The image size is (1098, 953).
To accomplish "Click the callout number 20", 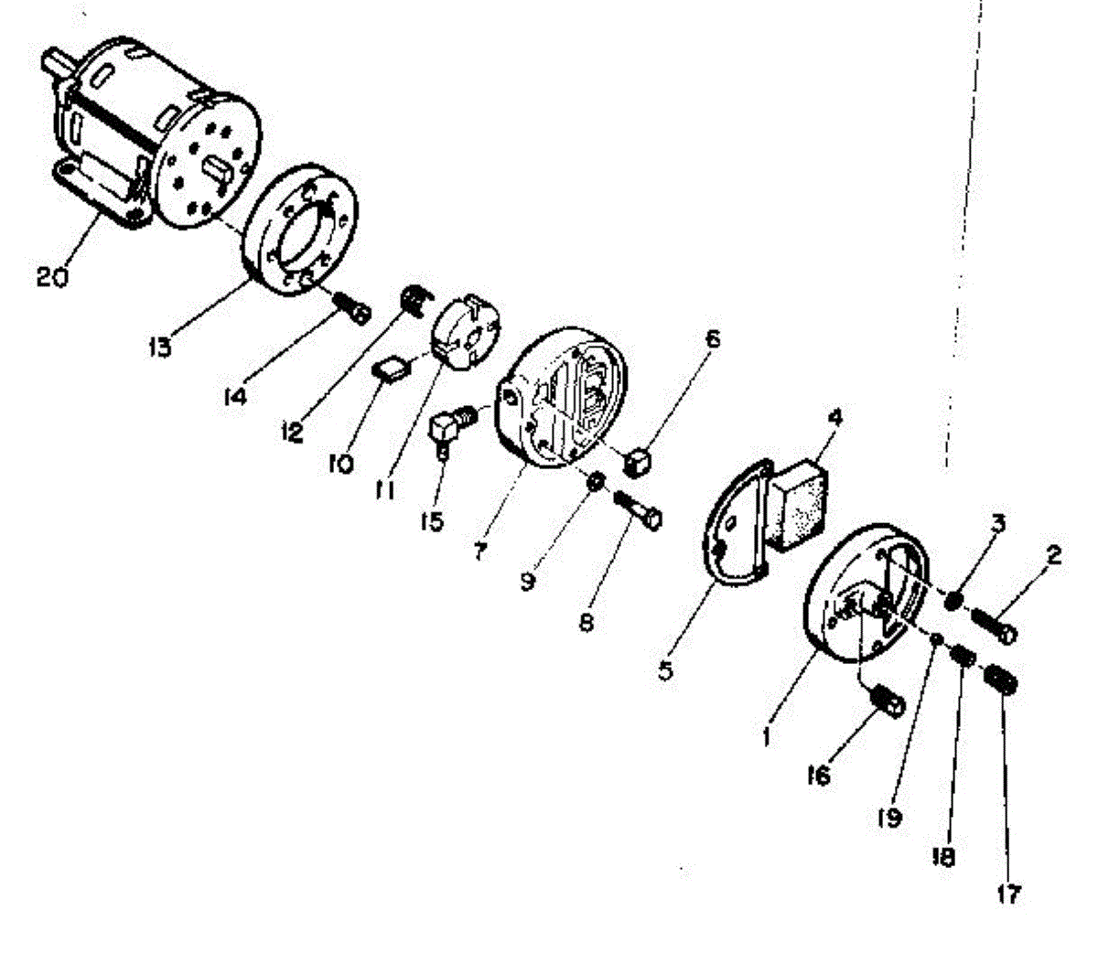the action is click(52, 277).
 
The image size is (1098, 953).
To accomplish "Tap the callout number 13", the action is click(160, 347).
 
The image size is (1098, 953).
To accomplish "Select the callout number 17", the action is click(1008, 894).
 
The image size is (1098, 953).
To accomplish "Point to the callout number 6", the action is click(712, 339).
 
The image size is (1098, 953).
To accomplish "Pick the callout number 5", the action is click(665, 671).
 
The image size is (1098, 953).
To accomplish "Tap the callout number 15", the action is click(432, 520).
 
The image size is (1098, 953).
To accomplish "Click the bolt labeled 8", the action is click(637, 511).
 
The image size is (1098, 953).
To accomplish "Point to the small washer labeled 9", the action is click(595, 481).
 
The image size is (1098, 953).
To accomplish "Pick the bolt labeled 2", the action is click(994, 626).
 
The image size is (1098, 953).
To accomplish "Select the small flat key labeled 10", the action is click(392, 370).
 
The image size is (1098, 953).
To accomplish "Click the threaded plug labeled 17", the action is click(1001, 678).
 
